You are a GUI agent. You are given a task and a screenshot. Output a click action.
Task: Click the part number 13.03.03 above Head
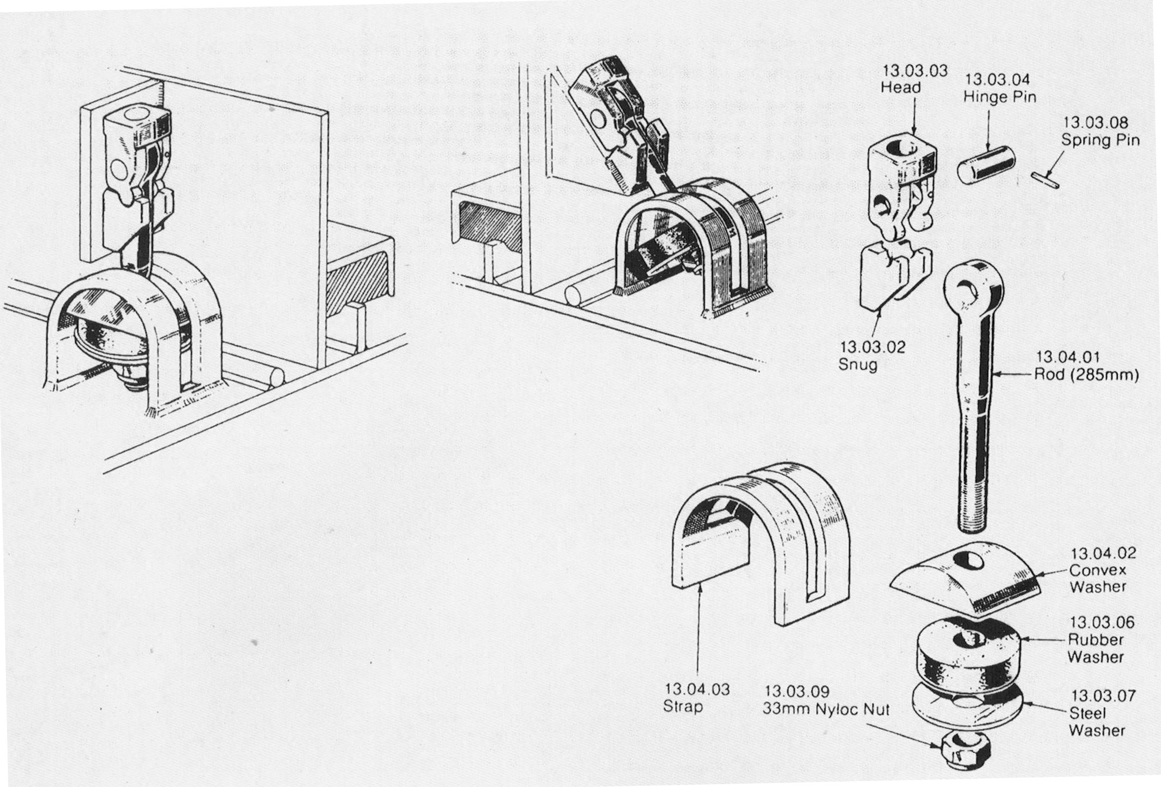pos(915,71)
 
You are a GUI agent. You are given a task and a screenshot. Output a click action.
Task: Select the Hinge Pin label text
pos(1000,96)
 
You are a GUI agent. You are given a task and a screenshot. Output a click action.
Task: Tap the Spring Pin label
pos(1100,140)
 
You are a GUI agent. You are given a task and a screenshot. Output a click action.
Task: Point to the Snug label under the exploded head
pos(858,364)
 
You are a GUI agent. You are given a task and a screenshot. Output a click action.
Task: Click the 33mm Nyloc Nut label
pos(826,709)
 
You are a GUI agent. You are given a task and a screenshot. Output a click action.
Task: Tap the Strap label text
pos(683,706)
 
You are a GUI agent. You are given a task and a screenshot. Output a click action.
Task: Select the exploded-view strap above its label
pos(759,544)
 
